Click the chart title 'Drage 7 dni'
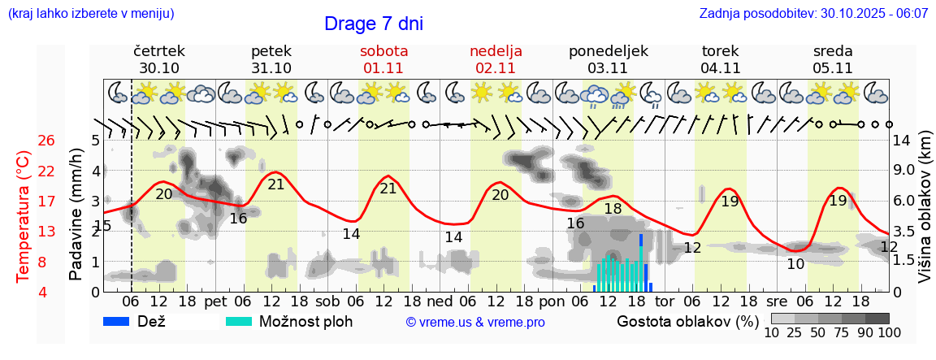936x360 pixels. click(x=374, y=24)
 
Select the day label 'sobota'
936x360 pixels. click(x=383, y=51)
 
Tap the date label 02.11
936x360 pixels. click(x=496, y=68)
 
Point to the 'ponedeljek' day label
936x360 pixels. click(x=609, y=51)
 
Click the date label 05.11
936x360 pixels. click(x=833, y=68)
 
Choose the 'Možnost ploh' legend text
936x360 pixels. click(x=305, y=321)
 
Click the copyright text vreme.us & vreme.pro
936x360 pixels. click(x=475, y=322)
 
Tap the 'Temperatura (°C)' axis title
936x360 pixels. click(x=24, y=216)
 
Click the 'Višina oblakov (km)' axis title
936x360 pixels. click(x=925, y=216)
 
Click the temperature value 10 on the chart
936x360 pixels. click(x=795, y=263)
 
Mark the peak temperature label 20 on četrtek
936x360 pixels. click(x=164, y=193)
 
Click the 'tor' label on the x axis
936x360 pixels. click(x=665, y=301)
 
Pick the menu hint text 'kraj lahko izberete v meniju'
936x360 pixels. click(x=90, y=14)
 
